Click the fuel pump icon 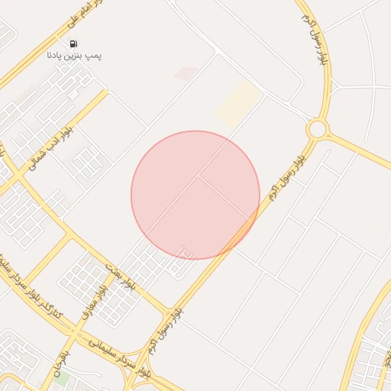click(x=73, y=44)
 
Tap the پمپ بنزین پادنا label click(x=74, y=56)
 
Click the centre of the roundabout click(x=316, y=129)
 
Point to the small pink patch click(x=186, y=73)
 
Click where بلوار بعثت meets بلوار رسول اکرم click(x=170, y=311)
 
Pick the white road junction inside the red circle click(x=200, y=177)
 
